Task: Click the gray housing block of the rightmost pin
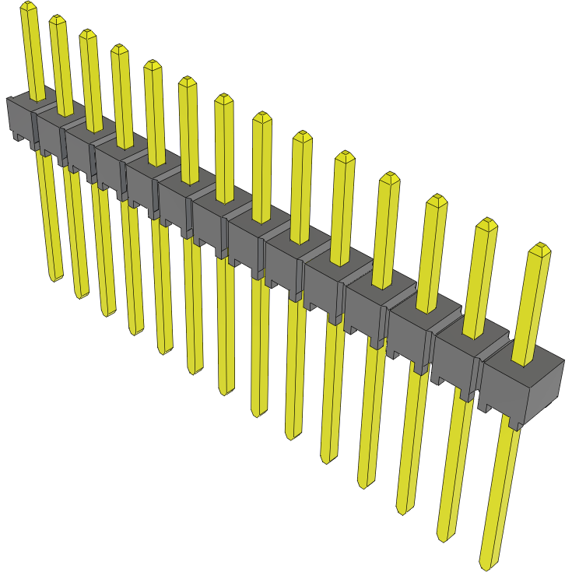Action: click(x=521, y=385)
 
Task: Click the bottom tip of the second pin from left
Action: click(x=81, y=295)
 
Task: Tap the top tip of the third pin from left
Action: click(x=87, y=33)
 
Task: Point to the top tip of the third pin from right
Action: click(x=437, y=198)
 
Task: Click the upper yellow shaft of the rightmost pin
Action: click(x=533, y=304)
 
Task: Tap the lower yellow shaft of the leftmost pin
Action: click(x=48, y=218)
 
